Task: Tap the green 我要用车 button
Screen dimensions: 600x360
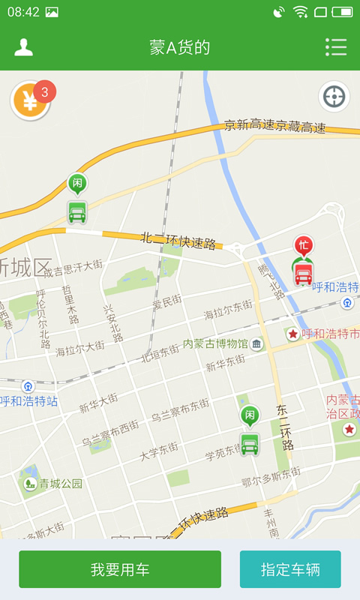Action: pos(120,569)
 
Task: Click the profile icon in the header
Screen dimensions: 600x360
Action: pos(24,47)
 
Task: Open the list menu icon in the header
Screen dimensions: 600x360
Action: pos(336,47)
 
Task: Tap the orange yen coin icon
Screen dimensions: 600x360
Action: pos(29,101)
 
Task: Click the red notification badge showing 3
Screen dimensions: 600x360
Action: pos(45,91)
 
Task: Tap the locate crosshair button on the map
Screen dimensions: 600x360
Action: pos(334,97)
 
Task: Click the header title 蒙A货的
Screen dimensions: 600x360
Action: pos(180,48)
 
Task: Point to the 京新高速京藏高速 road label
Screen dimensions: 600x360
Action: pos(274,126)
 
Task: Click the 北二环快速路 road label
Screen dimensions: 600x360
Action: pos(178,241)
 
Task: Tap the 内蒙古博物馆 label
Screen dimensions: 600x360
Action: pos(215,343)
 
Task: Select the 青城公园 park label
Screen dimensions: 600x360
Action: pos(61,484)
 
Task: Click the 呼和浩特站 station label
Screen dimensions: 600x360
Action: pos(29,401)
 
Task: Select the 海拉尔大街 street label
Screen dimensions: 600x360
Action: pos(79,347)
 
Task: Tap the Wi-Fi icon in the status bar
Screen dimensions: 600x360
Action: pos(301,11)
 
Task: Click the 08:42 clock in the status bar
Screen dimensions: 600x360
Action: pos(22,12)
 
